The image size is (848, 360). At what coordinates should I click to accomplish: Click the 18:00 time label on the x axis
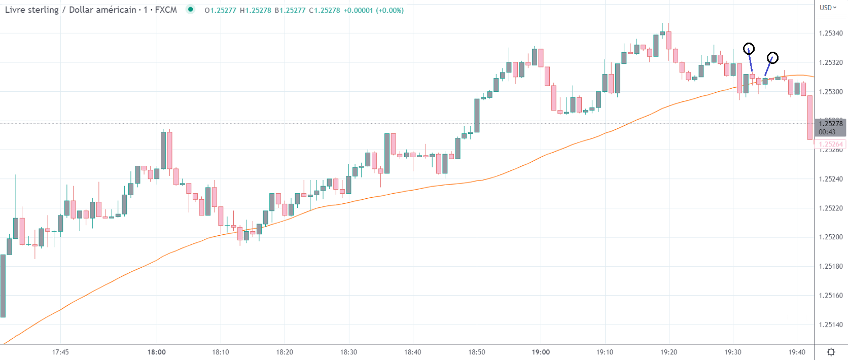tap(157, 352)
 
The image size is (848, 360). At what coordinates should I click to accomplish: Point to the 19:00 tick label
tap(541, 352)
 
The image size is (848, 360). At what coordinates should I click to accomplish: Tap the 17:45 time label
tap(60, 352)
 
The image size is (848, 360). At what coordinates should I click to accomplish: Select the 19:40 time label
tap(797, 352)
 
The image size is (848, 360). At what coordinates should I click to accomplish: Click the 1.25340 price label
tap(831, 33)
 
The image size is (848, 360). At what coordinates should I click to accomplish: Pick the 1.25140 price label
tap(831, 325)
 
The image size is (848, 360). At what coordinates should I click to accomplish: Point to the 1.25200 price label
tap(831, 237)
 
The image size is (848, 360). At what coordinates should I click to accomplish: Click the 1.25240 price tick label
tap(831, 179)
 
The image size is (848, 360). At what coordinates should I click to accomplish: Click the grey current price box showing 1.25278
tap(830, 127)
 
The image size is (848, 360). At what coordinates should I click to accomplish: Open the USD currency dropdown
tap(828, 8)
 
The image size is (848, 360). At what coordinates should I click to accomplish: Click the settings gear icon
tap(831, 352)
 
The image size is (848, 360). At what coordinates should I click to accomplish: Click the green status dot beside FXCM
tap(190, 9)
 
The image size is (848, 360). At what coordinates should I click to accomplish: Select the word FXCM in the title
tap(166, 10)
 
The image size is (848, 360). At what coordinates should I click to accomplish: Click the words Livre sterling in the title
tap(31, 10)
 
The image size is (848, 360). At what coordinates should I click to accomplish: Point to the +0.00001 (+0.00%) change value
tap(373, 10)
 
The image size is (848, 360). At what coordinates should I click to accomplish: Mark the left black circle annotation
tap(749, 49)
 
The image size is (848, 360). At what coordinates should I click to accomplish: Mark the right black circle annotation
tap(772, 58)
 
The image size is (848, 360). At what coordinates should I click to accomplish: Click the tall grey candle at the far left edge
tap(3, 285)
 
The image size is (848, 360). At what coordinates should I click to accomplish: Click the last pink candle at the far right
tap(810, 118)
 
